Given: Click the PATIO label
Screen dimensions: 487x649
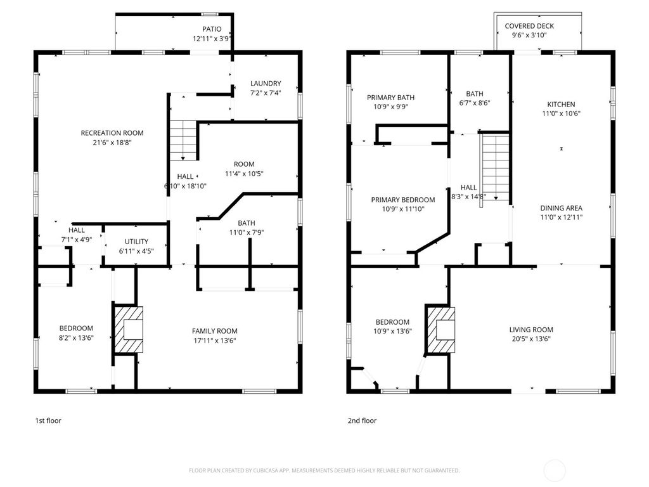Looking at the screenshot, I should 212,29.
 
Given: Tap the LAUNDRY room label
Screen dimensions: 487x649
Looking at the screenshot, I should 266,84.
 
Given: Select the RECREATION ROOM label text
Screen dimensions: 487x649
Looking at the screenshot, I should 112,133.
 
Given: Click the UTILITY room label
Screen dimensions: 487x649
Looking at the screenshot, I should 136,242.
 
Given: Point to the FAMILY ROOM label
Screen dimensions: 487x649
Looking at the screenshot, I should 215,331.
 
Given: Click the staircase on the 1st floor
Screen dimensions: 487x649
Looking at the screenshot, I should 184,140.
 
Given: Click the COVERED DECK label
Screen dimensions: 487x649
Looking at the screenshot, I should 529,26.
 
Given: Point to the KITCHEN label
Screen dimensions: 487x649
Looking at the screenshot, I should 561,105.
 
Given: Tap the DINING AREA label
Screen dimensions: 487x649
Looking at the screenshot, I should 561,208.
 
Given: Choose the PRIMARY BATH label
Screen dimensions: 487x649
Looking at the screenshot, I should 391,98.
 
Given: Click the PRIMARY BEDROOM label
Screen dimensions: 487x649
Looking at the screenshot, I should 403,200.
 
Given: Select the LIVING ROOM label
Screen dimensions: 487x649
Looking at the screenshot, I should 531,330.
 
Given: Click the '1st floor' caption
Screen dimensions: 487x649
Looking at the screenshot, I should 48,420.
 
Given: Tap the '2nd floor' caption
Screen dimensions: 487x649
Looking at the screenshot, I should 362,420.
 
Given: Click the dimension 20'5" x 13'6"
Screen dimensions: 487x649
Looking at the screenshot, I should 531,339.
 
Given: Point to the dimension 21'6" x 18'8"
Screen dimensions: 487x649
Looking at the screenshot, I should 112,143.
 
